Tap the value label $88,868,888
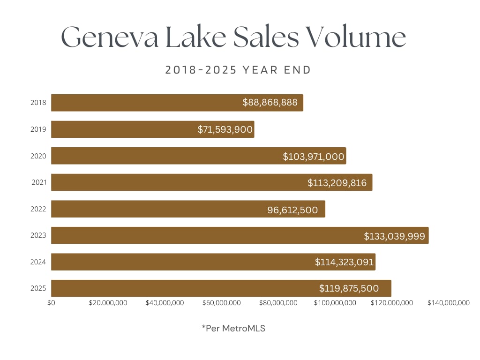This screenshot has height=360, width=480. pos(270,102)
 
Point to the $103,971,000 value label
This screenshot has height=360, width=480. pos(314,157)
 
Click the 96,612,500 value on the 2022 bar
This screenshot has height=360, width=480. pos(292,210)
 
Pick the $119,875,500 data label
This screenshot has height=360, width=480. pos(349,288)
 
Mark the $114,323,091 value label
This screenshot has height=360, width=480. pos(344,262)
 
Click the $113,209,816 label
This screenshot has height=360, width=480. pos(337,183)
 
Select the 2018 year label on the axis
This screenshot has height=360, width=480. pos(38,103)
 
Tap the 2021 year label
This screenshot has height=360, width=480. pos(38,182)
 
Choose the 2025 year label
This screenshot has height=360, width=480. pos(38,288)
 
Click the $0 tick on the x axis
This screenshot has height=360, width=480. pos(51,303)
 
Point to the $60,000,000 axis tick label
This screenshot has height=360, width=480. pos(222,303)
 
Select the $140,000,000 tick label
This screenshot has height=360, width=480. pos(448,303)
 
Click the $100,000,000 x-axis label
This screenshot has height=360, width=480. pos(335,303)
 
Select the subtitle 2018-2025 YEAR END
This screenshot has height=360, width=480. pos(238,70)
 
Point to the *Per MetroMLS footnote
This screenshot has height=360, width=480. pos(233,329)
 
